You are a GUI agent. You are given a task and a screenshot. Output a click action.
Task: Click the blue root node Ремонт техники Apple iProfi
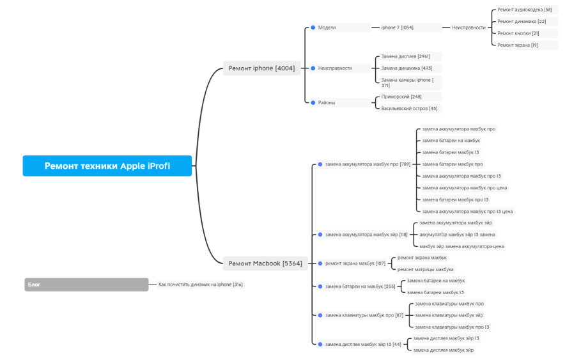pos(107,166)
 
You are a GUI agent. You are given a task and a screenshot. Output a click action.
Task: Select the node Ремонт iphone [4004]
pos(261,68)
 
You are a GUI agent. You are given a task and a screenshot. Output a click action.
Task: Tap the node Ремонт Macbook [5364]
pos(265,263)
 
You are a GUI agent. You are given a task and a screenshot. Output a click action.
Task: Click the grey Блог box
pos(86,285)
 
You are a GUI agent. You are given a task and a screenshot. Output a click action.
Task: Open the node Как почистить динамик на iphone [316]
pos(201,285)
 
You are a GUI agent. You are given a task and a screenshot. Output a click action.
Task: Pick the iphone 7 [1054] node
pos(397,27)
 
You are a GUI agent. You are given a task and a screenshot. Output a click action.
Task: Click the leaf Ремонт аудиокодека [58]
pos(524,10)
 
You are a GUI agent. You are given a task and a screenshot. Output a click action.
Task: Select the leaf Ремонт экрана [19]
pos(517,45)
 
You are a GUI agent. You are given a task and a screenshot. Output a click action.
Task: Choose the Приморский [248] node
pos(401,97)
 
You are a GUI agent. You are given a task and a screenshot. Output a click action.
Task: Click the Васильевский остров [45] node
pos(409,109)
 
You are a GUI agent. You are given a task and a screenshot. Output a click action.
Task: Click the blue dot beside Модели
pos(313,27)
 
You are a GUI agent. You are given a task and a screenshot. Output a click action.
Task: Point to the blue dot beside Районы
pos(313,102)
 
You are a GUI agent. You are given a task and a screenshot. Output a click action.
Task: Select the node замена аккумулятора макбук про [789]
pos(367,164)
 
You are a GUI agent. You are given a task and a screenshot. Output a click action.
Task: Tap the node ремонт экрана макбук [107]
pos(355,263)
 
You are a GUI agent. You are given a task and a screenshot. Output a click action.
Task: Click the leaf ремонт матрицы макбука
pos(425,269)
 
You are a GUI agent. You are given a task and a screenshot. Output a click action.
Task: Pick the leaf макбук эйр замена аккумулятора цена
pos(461,246)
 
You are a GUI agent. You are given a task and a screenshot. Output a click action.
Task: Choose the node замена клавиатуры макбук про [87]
pos(364,315)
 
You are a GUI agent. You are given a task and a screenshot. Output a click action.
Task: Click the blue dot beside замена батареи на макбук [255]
pos(320,286)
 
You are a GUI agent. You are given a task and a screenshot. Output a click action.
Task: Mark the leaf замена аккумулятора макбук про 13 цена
pos(467,211)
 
